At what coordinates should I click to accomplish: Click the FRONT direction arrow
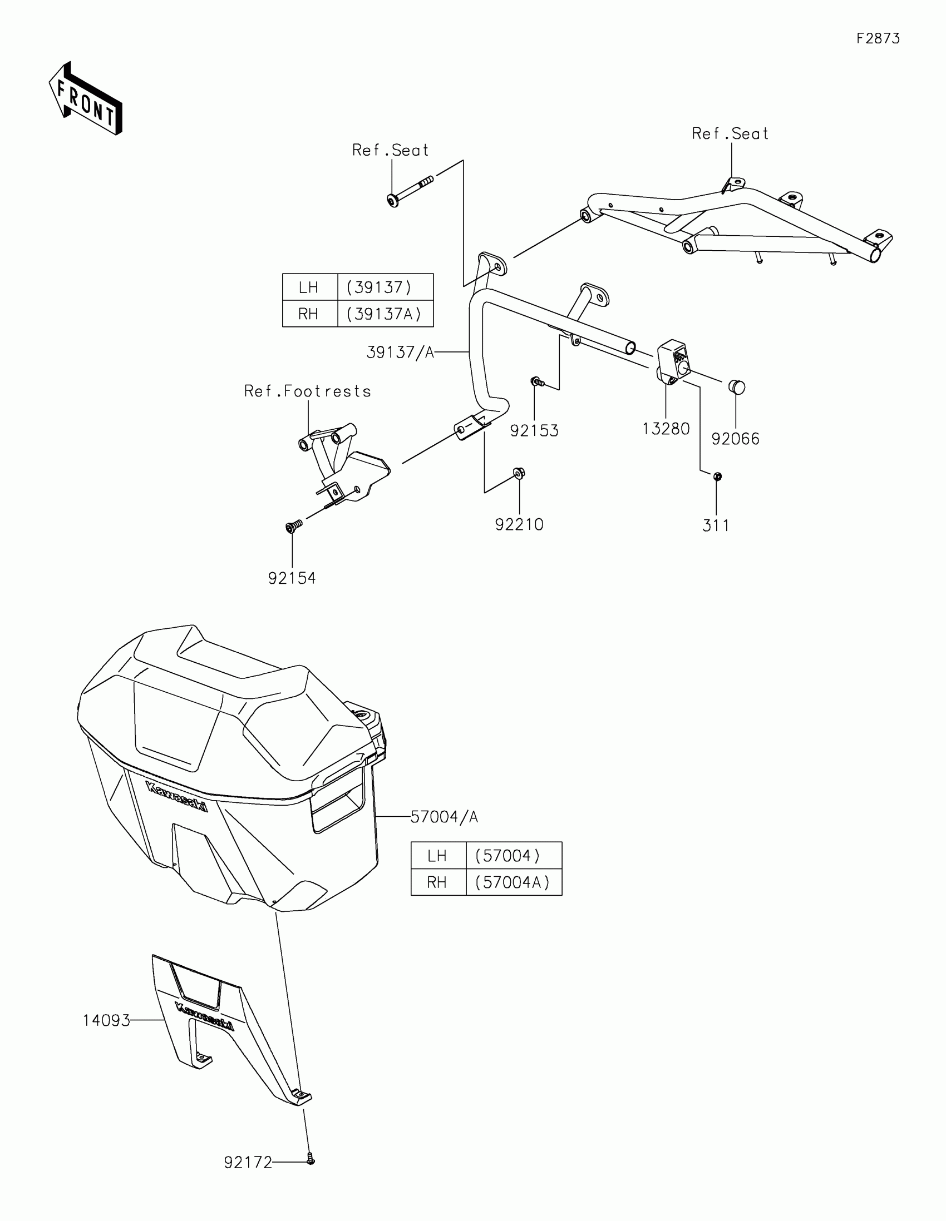86,99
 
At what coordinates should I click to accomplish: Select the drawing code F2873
878,38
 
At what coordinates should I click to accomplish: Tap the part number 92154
292,578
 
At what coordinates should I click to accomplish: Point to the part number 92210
519,524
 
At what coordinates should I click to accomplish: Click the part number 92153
534,430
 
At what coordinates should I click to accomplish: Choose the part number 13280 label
666,429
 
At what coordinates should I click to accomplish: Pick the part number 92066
735,439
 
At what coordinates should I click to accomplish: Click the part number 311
716,525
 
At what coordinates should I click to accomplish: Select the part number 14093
106,1020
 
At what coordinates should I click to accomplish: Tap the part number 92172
248,1163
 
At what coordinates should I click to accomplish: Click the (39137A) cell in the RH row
385,314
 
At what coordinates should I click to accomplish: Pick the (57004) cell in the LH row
513,856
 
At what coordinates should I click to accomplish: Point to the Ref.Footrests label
308,391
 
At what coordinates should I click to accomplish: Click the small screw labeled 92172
311,1161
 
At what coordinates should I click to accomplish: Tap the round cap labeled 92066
736,387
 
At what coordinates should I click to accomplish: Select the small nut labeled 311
718,477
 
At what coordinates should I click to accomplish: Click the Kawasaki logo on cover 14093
204,1017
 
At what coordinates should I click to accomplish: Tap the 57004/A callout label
444,817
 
